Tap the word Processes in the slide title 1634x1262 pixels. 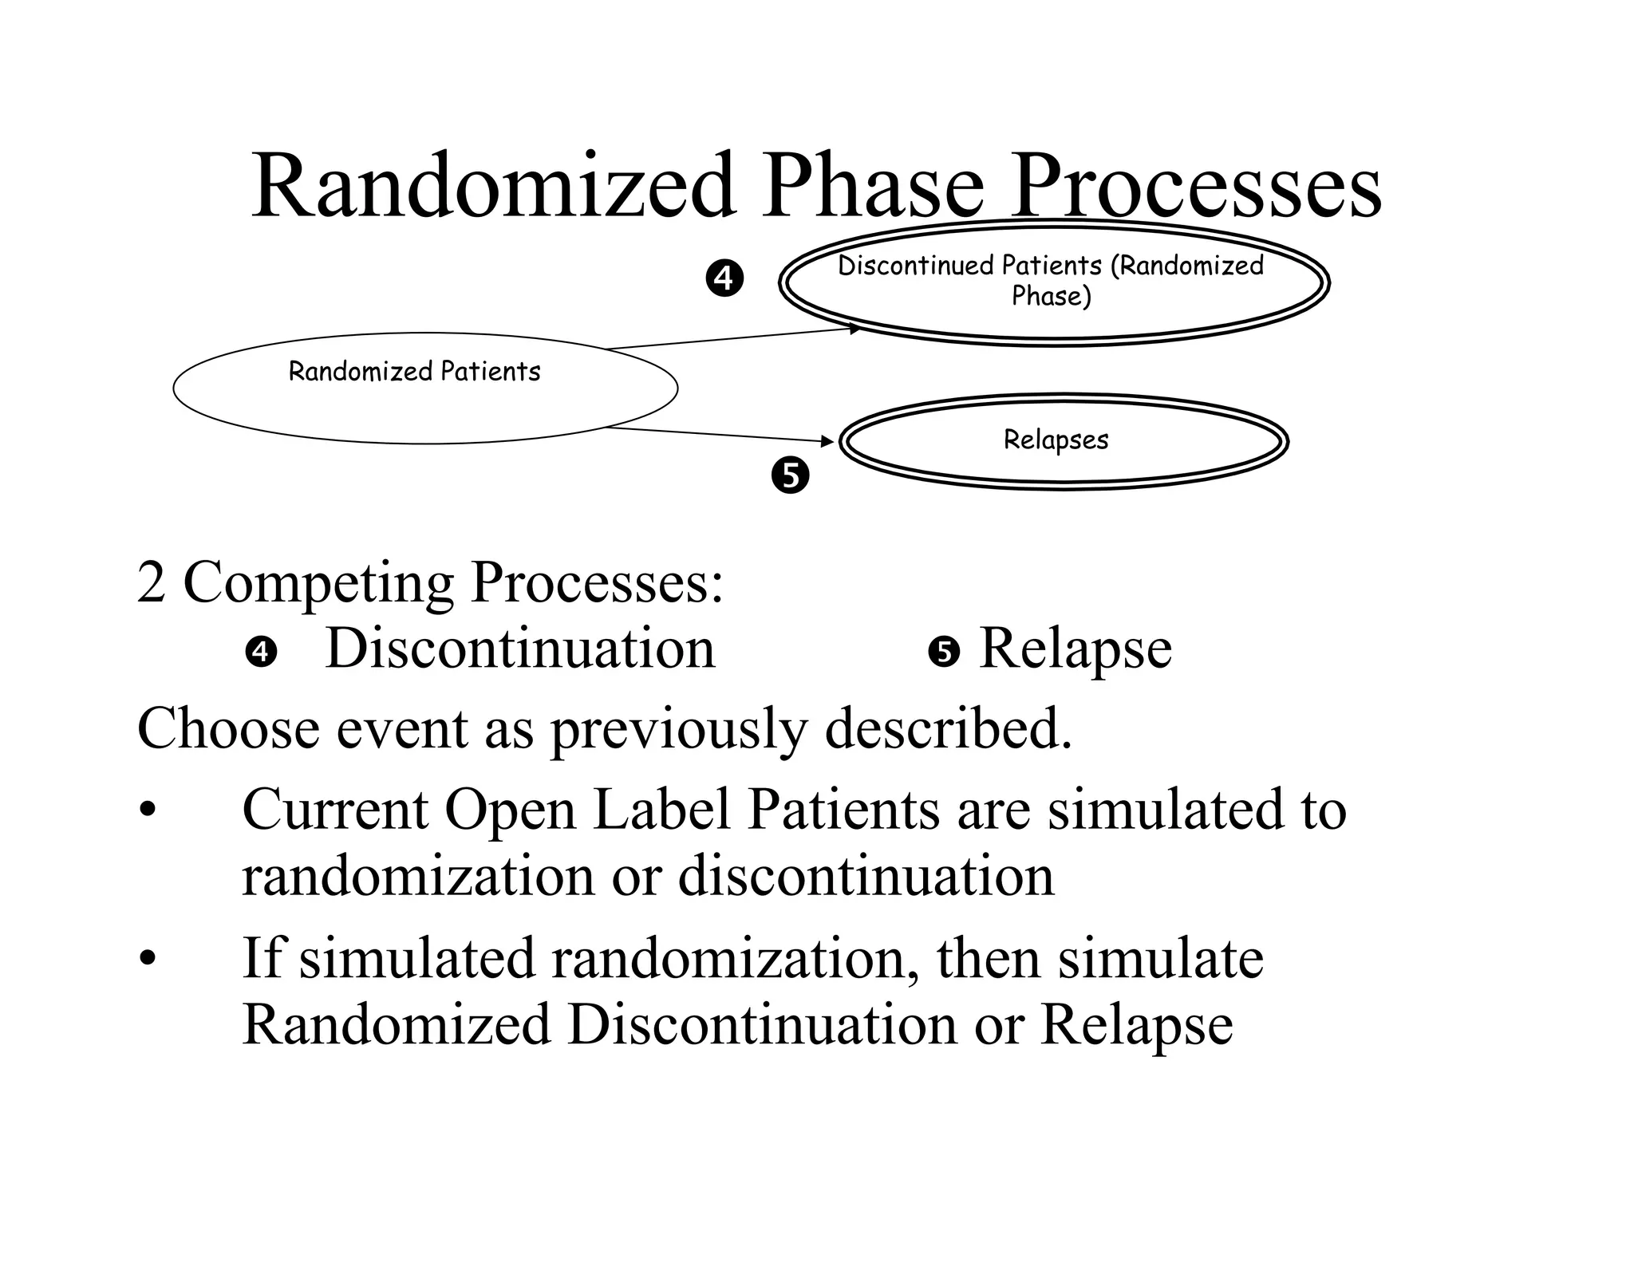1196,187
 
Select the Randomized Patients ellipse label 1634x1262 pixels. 414,372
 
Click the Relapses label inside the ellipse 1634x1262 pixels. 1056,440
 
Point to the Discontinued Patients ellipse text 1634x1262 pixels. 1051,280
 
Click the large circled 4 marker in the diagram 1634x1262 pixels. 724,279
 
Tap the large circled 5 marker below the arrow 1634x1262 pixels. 790,475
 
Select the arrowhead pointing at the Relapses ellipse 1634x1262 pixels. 827,440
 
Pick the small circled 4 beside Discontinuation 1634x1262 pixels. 261,653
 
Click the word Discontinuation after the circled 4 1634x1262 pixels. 520,649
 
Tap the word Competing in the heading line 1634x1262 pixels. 319,583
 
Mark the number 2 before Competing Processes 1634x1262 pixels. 151,583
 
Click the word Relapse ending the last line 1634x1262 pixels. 1137,1024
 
